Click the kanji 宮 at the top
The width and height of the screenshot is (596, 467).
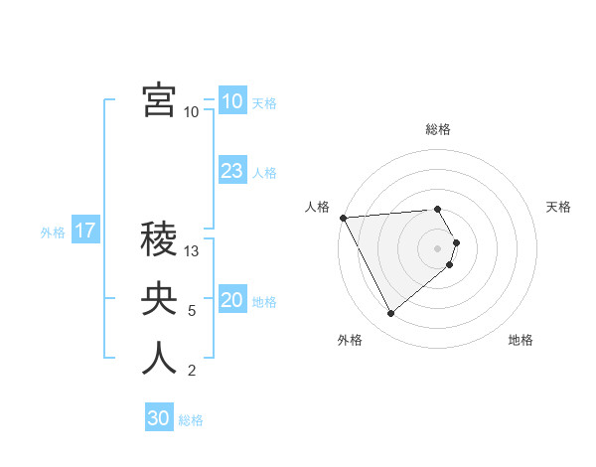pyautogui.click(x=159, y=100)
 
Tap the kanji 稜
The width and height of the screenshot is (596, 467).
pyautogui.click(x=159, y=237)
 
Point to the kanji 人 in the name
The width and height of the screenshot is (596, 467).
pyautogui.click(x=159, y=358)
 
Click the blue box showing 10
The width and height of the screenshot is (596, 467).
pyautogui.click(x=231, y=100)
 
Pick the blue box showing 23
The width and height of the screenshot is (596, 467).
pyautogui.click(x=231, y=170)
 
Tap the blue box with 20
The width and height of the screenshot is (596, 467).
pyautogui.click(x=231, y=299)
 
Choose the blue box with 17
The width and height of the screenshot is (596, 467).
pyautogui.click(x=84, y=231)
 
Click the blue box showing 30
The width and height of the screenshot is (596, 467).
pyautogui.click(x=158, y=418)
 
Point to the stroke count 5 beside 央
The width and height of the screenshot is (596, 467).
pyautogui.click(x=192, y=311)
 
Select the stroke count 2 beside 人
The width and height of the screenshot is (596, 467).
pyautogui.click(x=192, y=372)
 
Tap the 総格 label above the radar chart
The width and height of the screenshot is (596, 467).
pyautogui.click(x=438, y=129)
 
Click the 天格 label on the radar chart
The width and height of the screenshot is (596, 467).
pyautogui.click(x=558, y=207)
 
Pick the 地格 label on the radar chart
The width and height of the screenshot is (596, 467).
pyautogui.click(x=521, y=340)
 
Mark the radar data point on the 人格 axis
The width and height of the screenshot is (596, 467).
pyautogui.click(x=343, y=218)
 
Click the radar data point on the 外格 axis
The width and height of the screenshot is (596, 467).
pyautogui.click(x=390, y=314)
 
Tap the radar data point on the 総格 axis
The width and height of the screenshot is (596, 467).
pyautogui.click(x=438, y=209)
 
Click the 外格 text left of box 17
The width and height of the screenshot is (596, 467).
pyautogui.click(x=53, y=232)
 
